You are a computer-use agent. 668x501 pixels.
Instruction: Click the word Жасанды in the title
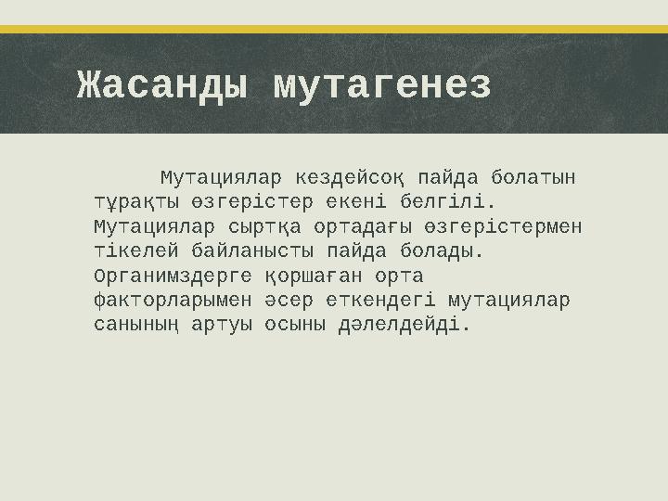click(163, 85)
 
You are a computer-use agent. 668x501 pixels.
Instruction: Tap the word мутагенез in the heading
click(382, 85)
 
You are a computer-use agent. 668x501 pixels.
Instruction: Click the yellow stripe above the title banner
click(334, 29)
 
